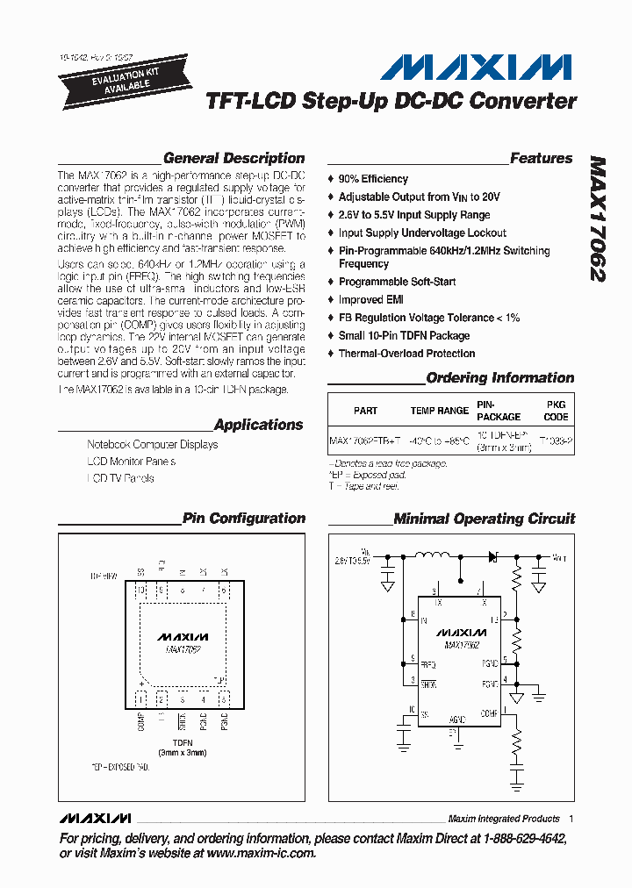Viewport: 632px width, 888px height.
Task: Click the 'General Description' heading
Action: (233, 159)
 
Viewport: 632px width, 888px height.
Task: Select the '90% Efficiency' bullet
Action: (372, 179)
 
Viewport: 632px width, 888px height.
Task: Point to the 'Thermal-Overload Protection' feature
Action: (406, 354)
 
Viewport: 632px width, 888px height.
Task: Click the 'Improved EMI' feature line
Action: (372, 300)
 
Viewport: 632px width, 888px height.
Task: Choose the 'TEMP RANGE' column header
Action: (439, 411)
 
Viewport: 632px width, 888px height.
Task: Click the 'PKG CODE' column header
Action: (556, 411)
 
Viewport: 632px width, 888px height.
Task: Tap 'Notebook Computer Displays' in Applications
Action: (152, 445)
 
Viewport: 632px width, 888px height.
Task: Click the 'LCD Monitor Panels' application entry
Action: (131, 462)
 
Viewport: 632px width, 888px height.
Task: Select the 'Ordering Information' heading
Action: (499, 378)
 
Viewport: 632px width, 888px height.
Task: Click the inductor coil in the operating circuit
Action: (434, 555)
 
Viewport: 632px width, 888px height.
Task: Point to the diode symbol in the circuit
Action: (492, 555)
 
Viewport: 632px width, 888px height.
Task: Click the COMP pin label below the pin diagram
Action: (141, 721)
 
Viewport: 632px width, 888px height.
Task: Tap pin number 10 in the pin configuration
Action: (140, 591)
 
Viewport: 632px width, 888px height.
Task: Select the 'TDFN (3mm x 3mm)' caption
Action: (182, 748)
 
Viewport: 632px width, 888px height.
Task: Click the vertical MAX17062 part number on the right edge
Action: (597, 218)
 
